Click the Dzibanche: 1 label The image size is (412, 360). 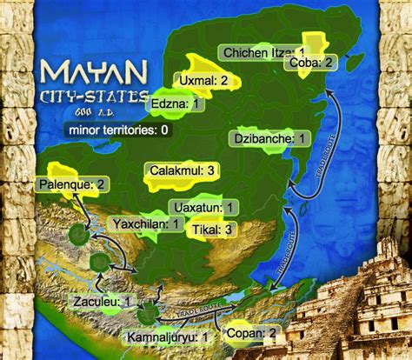(271, 138)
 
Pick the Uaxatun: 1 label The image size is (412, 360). (203, 207)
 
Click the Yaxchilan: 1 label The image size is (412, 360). (147, 224)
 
